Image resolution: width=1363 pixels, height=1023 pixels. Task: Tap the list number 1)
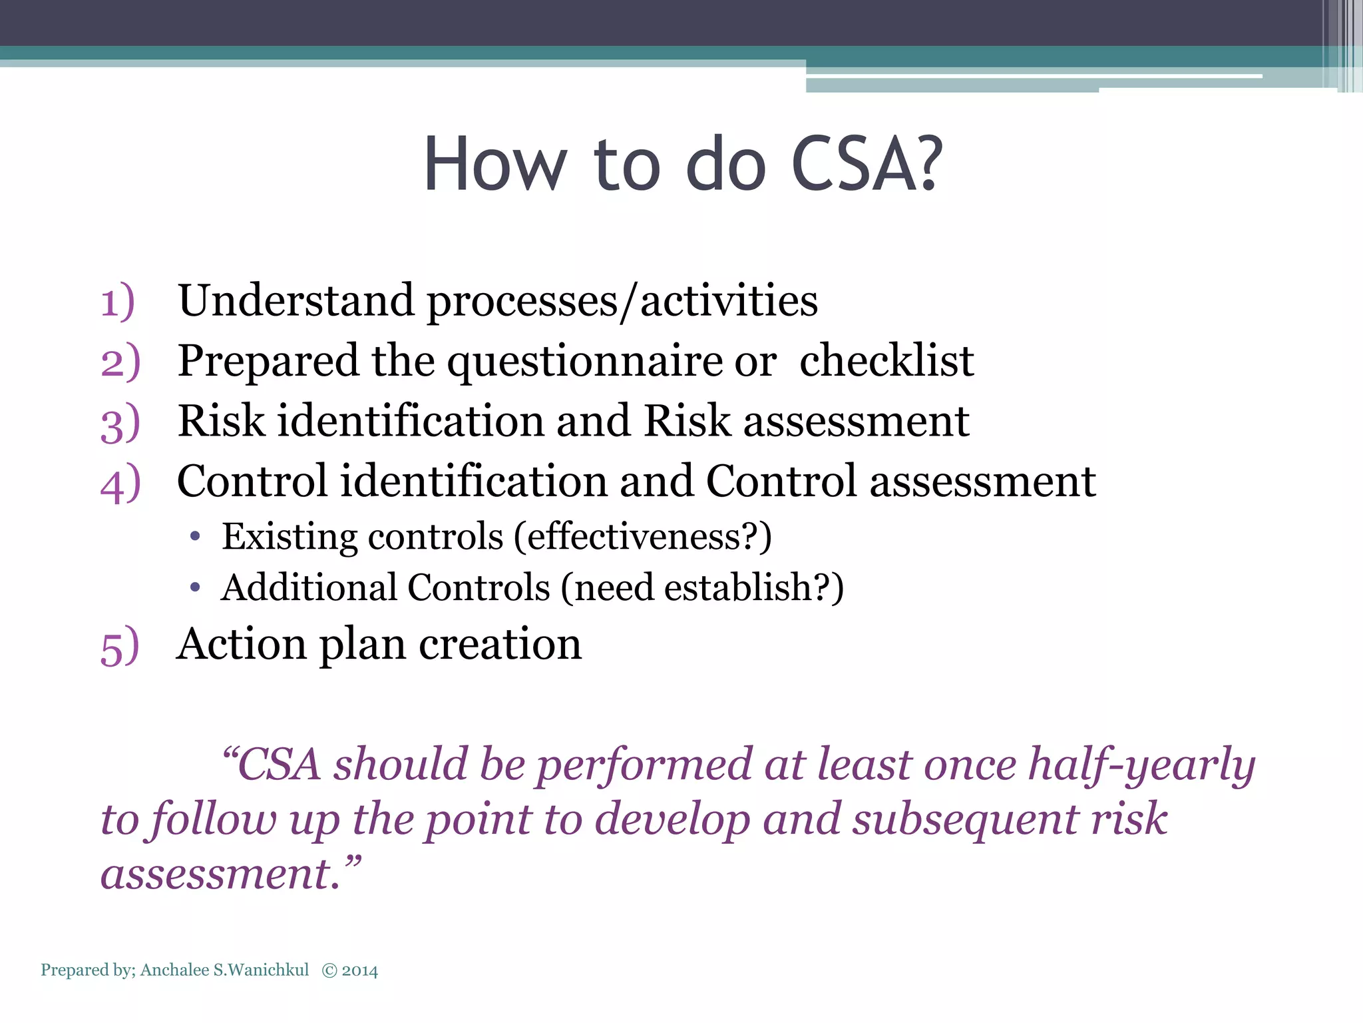pyautogui.click(x=118, y=301)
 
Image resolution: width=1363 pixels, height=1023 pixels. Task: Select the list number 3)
pyautogui.click(x=120, y=424)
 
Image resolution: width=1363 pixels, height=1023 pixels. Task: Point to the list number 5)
pyautogui.click(x=120, y=646)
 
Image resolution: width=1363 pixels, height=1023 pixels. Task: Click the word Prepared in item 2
pyautogui.click(x=268, y=362)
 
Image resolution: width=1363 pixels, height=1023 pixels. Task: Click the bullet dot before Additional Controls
pyautogui.click(x=194, y=587)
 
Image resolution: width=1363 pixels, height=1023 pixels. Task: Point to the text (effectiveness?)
pyautogui.click(x=642, y=536)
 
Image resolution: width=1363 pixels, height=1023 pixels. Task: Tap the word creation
pyautogui.click(x=500, y=644)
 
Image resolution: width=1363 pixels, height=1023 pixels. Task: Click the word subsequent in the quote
pyautogui.click(x=966, y=819)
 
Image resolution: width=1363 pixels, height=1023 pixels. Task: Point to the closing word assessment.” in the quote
pyautogui.click(x=230, y=874)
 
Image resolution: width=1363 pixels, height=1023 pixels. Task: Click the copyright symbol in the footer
pyautogui.click(x=329, y=970)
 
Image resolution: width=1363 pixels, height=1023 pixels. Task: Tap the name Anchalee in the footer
pyautogui.click(x=174, y=970)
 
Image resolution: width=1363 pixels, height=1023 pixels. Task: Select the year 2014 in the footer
pyautogui.click(x=359, y=970)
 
